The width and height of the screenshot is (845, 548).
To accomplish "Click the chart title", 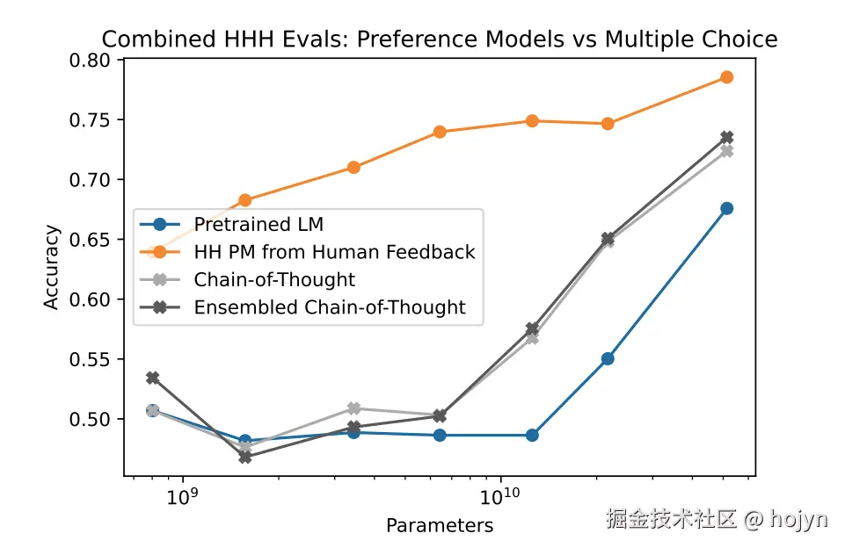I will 440,40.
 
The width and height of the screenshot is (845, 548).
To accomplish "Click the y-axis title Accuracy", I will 52,267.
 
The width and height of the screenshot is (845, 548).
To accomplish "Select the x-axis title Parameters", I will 440,525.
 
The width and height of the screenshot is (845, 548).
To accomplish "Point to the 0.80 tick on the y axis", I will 94,61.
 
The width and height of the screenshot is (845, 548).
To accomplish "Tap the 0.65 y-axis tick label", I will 94,240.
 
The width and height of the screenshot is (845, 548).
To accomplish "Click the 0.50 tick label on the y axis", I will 94,419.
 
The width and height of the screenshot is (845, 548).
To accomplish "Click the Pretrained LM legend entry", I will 259,226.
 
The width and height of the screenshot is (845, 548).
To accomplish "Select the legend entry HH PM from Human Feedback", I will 334,253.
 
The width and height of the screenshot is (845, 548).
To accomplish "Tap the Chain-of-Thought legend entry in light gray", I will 274,280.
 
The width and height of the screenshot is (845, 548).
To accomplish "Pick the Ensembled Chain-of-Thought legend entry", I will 330,307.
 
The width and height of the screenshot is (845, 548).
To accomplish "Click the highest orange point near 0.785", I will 726,77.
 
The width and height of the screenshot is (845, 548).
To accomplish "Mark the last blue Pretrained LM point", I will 726,208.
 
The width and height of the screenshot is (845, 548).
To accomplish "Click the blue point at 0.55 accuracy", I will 608,358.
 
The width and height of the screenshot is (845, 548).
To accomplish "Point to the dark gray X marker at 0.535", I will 153,378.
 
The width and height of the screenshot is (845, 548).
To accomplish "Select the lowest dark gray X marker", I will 244,458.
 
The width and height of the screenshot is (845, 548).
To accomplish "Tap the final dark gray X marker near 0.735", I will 726,137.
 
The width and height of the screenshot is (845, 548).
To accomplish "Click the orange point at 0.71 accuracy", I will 353,167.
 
